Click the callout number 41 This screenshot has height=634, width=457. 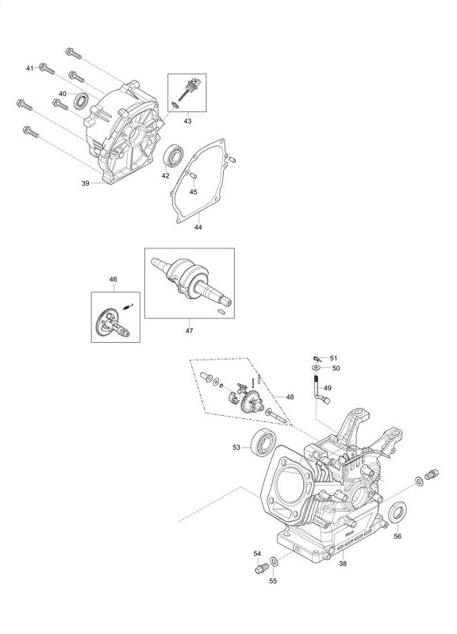[29, 69]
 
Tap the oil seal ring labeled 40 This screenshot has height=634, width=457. [81, 101]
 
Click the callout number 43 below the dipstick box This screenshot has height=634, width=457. [187, 121]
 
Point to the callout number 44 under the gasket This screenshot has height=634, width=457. [198, 227]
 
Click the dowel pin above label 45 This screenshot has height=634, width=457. [193, 175]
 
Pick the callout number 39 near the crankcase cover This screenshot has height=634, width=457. [86, 183]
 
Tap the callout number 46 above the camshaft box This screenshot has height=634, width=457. [113, 279]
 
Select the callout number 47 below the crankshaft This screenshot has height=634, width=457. [190, 331]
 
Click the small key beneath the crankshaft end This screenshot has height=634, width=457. [221, 311]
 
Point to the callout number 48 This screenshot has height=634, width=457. [290, 397]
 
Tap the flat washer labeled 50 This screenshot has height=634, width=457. [316, 367]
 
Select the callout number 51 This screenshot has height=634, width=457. [333, 358]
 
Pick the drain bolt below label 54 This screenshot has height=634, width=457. [260, 569]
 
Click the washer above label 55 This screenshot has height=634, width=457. [274, 562]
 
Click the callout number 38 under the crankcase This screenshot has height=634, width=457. [343, 563]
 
